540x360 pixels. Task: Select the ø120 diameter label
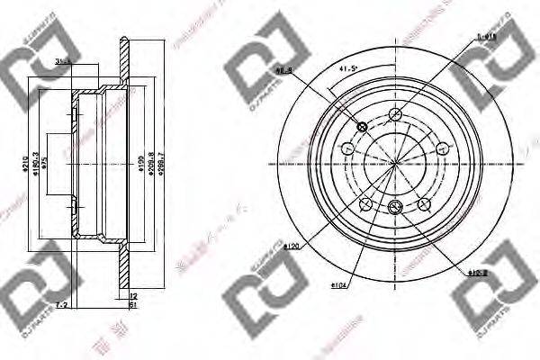291,244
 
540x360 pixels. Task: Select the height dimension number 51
131,307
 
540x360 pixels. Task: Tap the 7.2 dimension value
63,307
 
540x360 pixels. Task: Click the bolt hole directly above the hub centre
395,114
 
